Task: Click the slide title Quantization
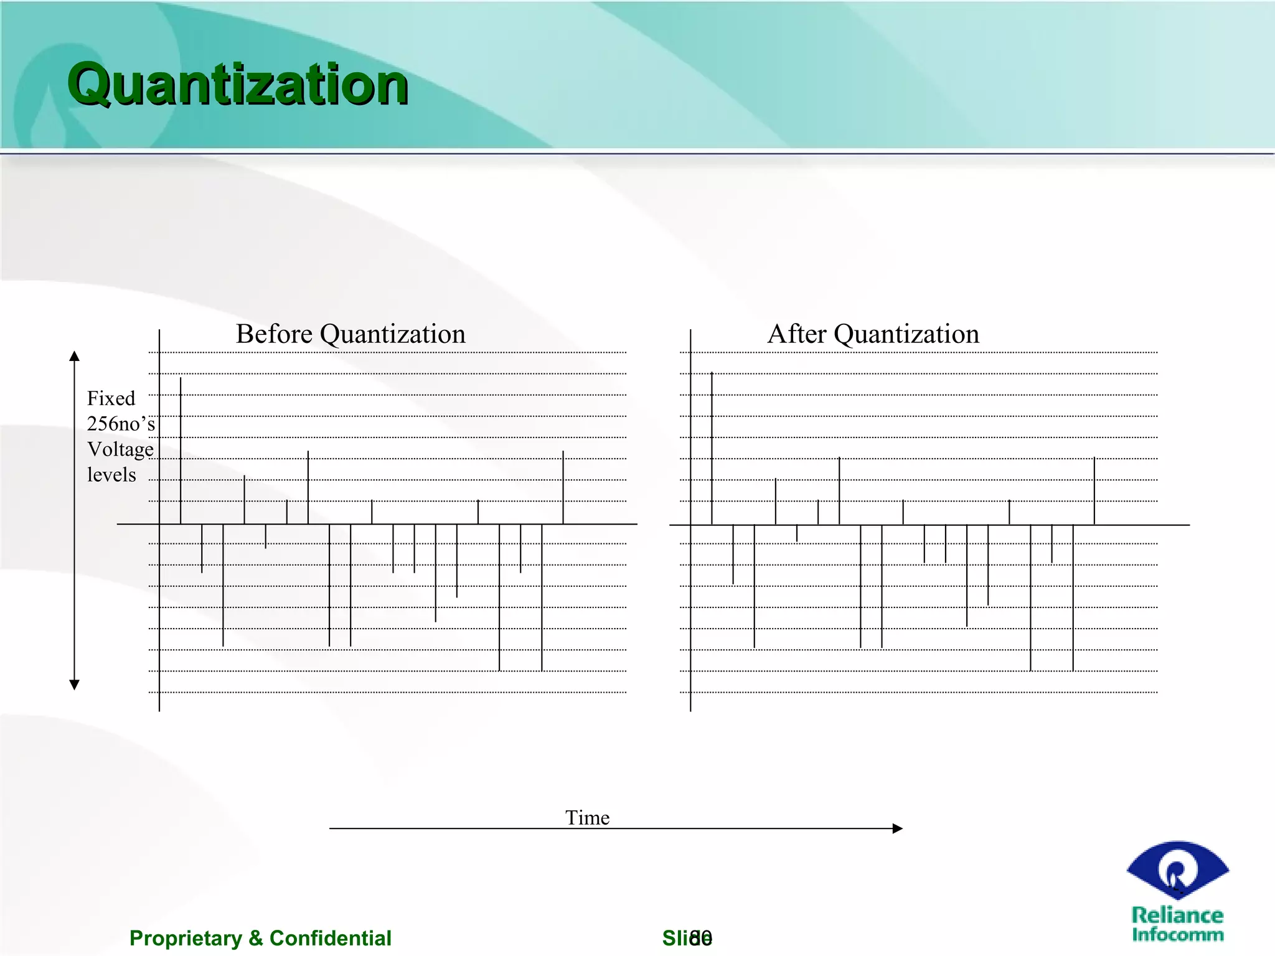point(237,85)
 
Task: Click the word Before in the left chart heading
point(274,334)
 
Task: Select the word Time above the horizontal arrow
point(587,817)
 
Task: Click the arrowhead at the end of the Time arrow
point(897,828)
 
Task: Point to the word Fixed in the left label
point(111,398)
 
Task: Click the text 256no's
point(121,424)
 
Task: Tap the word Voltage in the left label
point(120,449)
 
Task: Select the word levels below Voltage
point(111,475)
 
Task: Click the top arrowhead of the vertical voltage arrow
point(75,356)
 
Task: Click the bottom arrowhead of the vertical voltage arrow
point(75,685)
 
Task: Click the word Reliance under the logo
point(1177,915)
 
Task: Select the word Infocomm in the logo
point(1177,934)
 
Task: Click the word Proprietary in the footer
point(186,938)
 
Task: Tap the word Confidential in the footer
point(330,938)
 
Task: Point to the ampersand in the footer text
point(256,938)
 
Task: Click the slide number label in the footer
point(687,938)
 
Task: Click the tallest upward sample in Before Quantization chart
point(181,448)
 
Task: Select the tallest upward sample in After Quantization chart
point(712,448)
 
